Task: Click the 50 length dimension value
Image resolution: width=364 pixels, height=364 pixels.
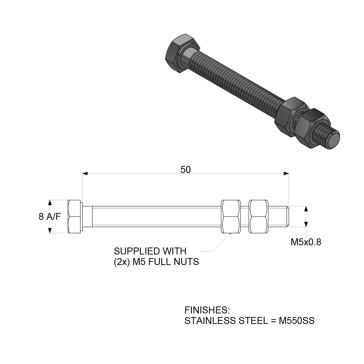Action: pos(186,169)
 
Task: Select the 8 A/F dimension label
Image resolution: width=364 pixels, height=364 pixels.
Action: pos(50,217)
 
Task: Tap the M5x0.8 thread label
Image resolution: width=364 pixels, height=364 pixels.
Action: pos(306,242)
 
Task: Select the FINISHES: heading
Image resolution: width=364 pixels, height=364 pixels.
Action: pos(207,310)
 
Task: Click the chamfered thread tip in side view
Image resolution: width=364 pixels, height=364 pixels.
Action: pos(288,216)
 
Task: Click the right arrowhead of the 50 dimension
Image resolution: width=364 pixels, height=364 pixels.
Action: pos(286,174)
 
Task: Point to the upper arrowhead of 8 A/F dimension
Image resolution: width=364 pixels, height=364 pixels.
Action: pos(50,202)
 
